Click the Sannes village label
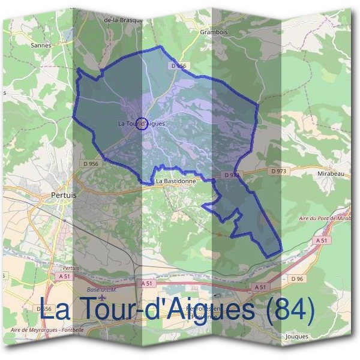(x=41, y=44)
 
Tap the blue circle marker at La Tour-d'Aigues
(x=142, y=124)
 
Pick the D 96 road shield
(x=297, y=279)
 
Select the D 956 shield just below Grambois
(x=179, y=65)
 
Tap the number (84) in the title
(x=290, y=310)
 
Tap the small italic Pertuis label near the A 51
(x=71, y=268)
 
